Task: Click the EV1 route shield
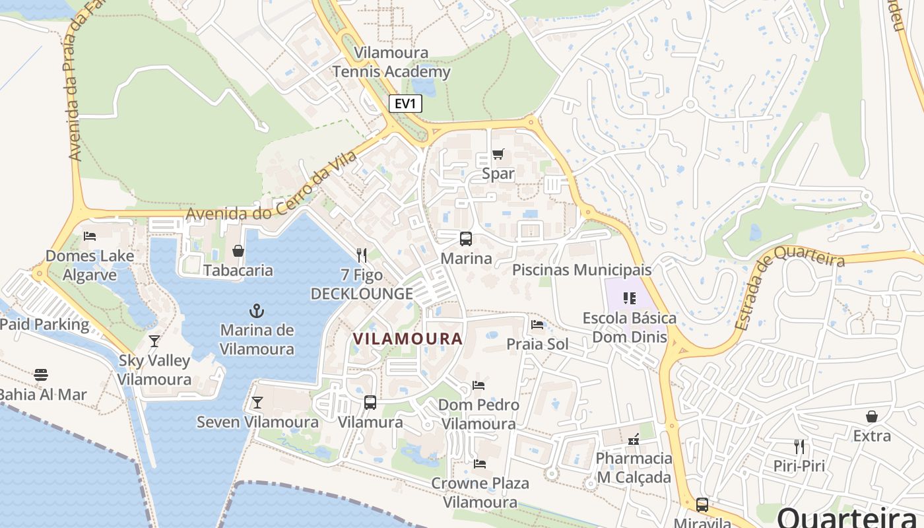click(x=405, y=104)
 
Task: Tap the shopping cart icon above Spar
click(x=498, y=154)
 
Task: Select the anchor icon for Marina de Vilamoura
click(x=257, y=310)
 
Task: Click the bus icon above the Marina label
click(x=466, y=239)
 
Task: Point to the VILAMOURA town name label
click(x=407, y=339)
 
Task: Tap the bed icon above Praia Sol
click(x=537, y=325)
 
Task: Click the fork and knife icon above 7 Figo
click(x=361, y=255)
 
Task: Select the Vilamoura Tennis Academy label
click(x=391, y=62)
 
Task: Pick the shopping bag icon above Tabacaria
click(x=238, y=251)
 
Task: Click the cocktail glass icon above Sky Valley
click(x=154, y=341)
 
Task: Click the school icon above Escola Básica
click(x=629, y=298)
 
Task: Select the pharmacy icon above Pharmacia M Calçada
click(x=634, y=439)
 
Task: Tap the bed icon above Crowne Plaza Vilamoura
click(x=480, y=464)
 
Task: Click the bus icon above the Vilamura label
click(x=370, y=403)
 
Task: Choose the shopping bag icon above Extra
click(x=872, y=416)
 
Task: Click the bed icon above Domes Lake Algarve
click(x=90, y=236)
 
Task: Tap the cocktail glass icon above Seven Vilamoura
click(x=257, y=403)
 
